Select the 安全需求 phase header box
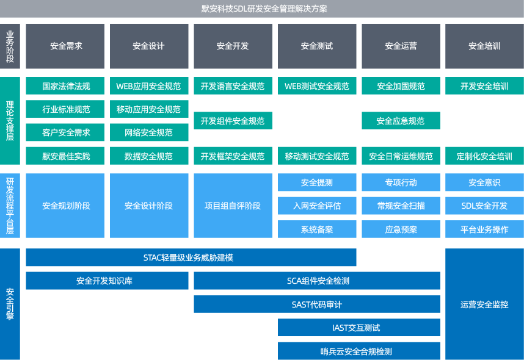click(65, 46)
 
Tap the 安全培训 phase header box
click(484, 46)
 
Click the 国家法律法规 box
click(65, 86)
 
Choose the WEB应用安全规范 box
click(148, 86)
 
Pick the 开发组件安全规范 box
click(233, 121)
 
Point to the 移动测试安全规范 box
click(316, 156)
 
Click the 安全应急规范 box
click(401, 121)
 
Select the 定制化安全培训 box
click(484, 156)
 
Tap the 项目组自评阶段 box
click(233, 206)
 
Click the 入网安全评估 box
click(316, 206)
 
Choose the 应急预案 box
click(401, 229)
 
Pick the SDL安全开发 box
click(484, 206)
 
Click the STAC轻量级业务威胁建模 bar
click(191, 257)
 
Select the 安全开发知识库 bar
click(107, 281)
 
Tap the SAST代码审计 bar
click(316, 304)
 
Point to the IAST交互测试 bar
click(358, 328)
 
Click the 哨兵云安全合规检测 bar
click(358, 351)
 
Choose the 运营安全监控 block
click(484, 304)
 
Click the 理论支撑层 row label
click(10, 121)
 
